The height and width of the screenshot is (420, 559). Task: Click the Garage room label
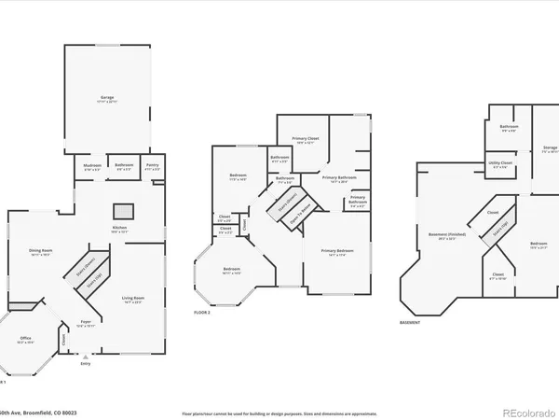point(106,97)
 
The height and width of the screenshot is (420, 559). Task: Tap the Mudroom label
point(92,165)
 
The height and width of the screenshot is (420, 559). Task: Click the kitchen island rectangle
point(121,209)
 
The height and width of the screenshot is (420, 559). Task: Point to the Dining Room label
point(39,250)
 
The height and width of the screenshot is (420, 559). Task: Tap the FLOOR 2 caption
point(202,312)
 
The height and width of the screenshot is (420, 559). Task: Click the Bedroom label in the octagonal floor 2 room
point(231,271)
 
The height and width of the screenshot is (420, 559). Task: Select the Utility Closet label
point(500,162)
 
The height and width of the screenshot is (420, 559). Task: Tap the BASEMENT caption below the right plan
point(410,322)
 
